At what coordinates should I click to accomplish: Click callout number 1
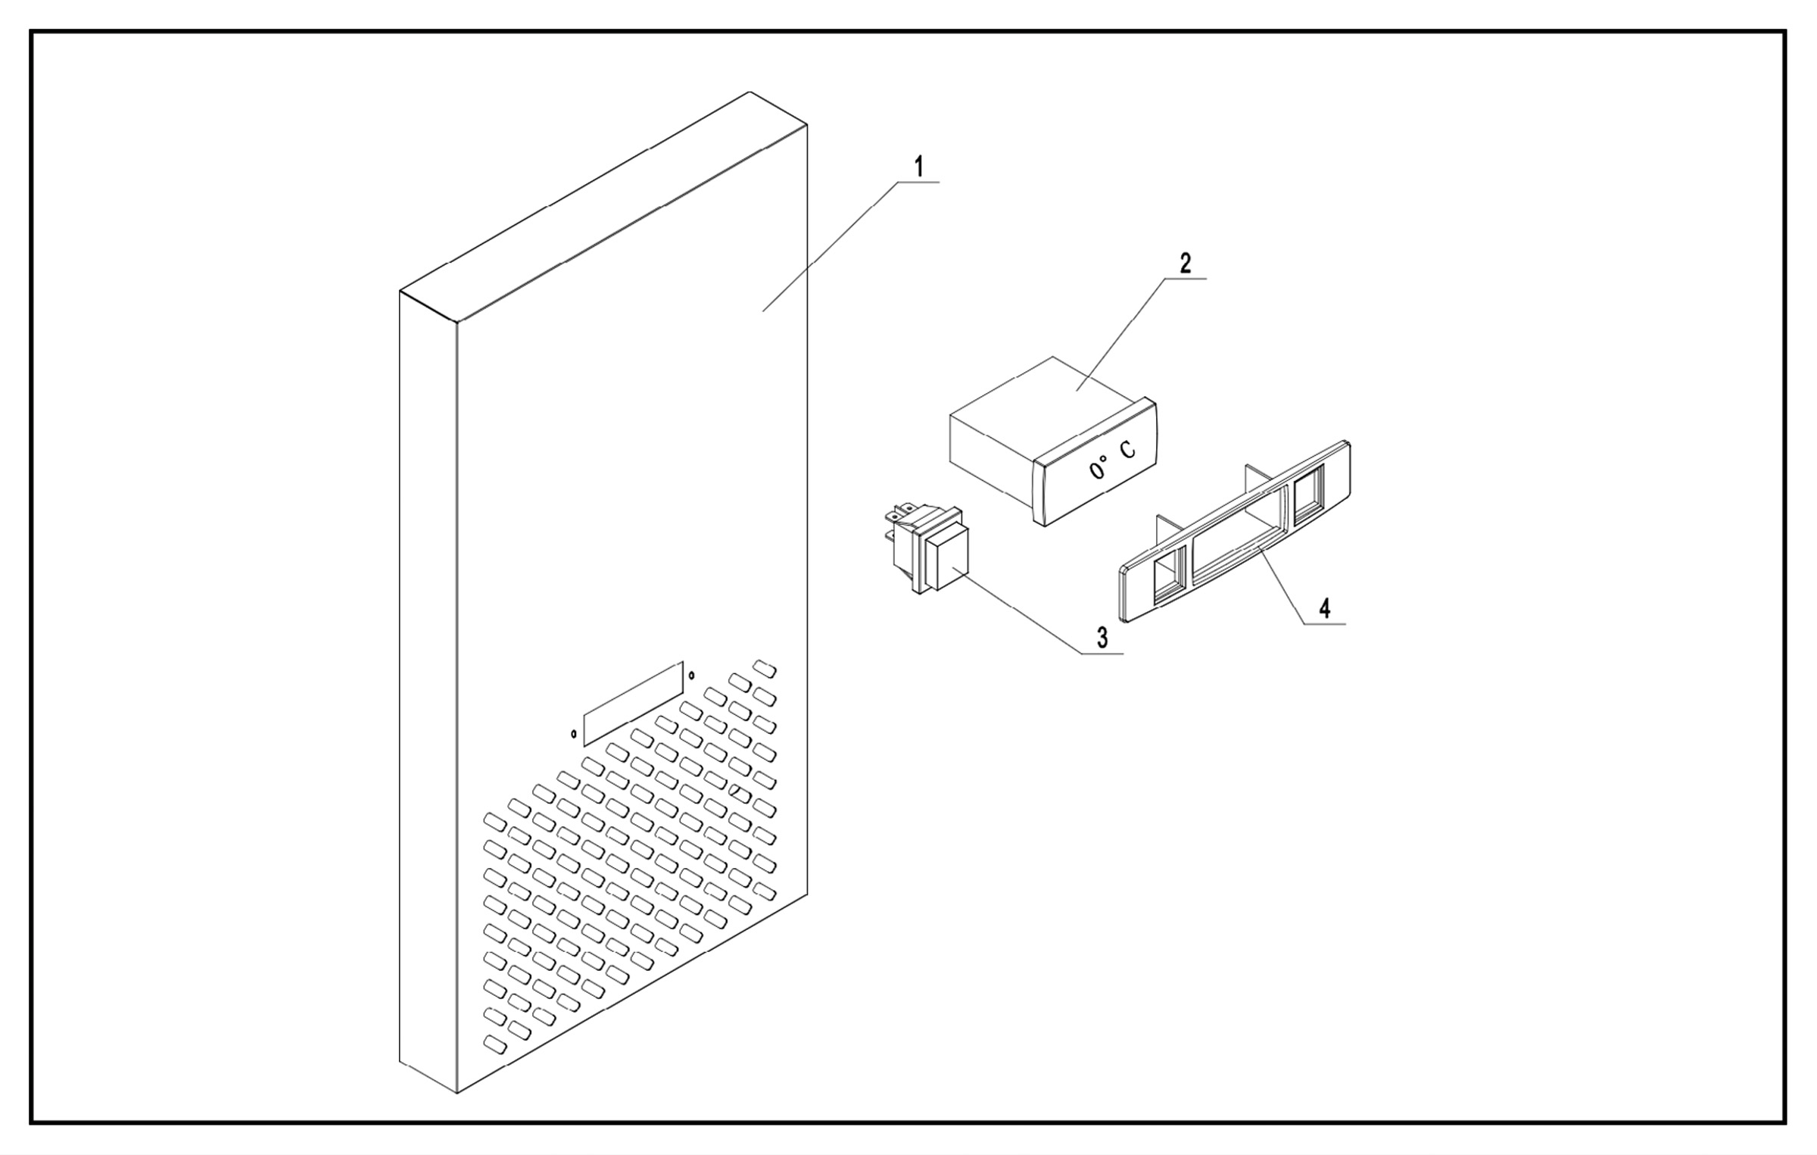919,167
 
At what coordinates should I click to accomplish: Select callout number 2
1185,264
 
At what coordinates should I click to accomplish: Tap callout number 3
1102,638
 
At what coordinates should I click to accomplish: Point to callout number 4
1324,608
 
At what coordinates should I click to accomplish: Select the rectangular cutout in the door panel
633,704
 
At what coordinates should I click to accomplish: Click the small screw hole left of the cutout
574,733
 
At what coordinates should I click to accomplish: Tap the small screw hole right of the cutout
691,674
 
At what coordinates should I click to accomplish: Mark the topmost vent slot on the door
765,669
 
